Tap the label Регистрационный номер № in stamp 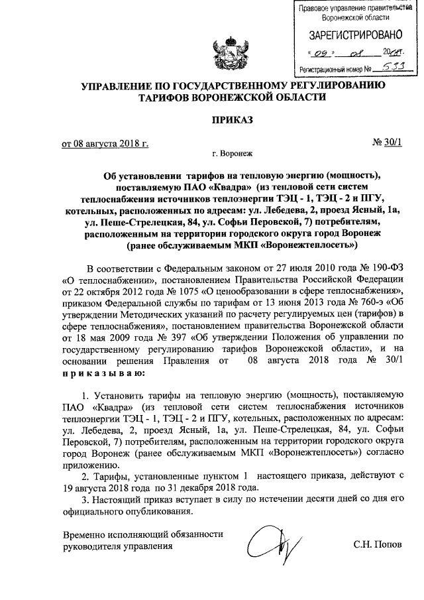point(335,68)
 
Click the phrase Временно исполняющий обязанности point(142,534)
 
